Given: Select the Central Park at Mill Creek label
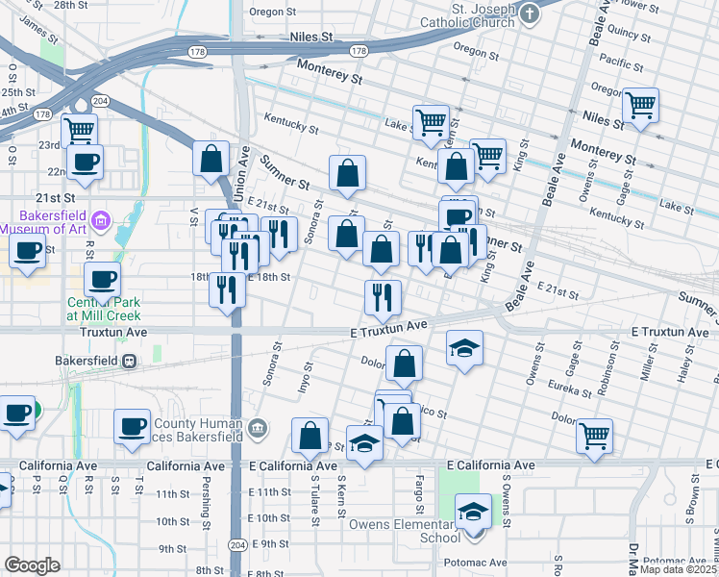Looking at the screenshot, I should [x=104, y=309].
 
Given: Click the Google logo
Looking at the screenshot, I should [x=32, y=565].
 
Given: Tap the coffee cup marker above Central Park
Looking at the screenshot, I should [x=103, y=280].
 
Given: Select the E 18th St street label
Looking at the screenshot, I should [x=268, y=277].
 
